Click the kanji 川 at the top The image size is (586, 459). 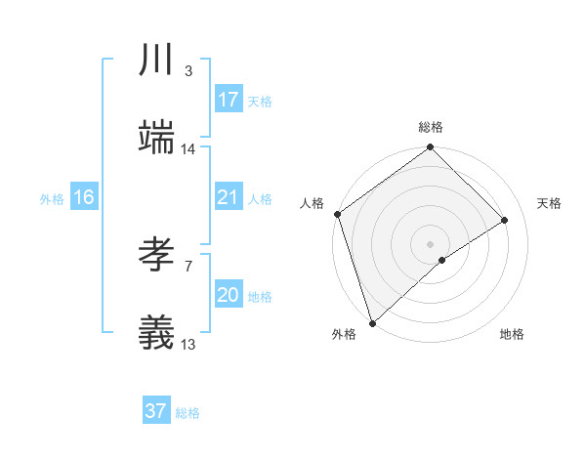click(156, 61)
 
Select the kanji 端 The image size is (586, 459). click(156, 138)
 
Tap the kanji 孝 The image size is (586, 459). click(156, 256)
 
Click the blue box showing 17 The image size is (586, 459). click(229, 100)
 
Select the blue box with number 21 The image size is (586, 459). click(229, 197)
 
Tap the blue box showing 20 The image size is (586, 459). click(229, 295)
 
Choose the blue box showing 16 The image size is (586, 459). click(84, 197)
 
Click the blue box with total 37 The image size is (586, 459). click(156, 411)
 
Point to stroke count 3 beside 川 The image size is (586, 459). click(188, 70)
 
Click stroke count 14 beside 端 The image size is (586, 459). click(188, 149)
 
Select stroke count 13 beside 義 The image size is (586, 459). click(188, 345)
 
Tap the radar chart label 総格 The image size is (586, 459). click(431, 127)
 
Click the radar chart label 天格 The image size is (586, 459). click(550, 203)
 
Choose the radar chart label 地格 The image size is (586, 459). click(512, 334)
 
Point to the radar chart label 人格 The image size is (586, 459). click(313, 203)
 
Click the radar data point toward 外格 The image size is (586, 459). click(372, 322)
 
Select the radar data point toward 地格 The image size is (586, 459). click(442, 260)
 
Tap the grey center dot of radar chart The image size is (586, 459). click(431, 243)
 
